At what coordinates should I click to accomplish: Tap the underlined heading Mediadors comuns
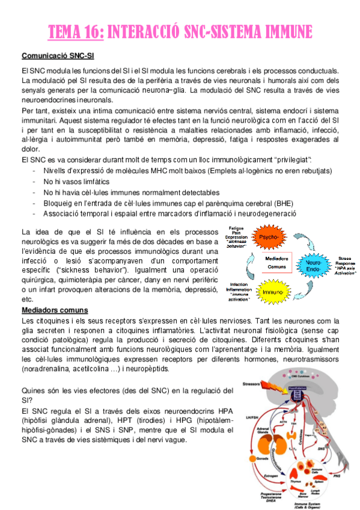(55, 310)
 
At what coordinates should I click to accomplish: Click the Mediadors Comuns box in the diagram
(276, 262)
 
